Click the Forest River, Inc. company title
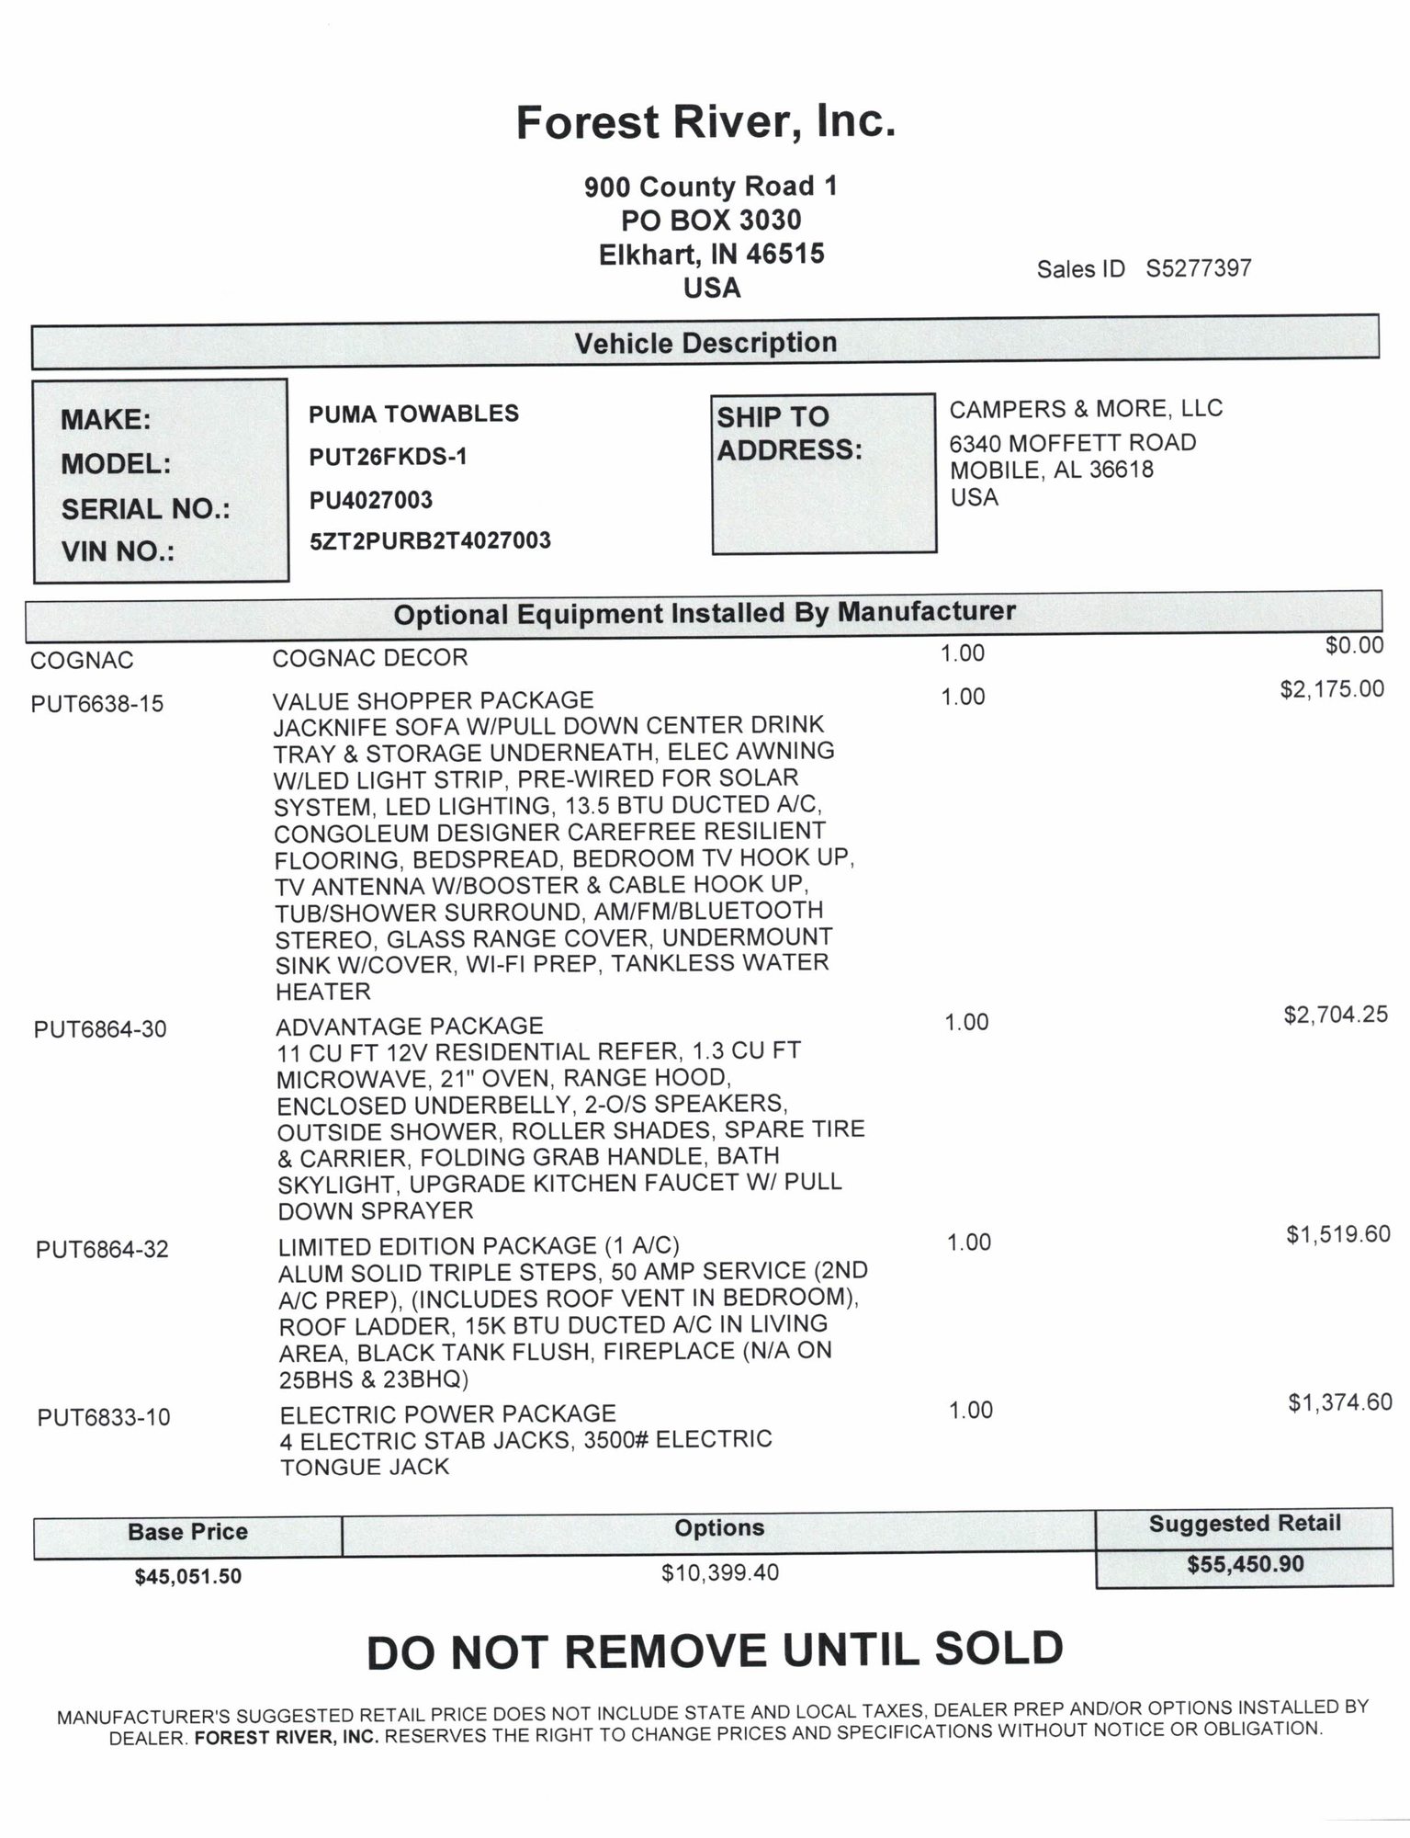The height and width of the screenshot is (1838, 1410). [705, 123]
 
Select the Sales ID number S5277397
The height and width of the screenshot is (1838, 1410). [1198, 268]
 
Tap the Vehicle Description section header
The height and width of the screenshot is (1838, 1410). [705, 344]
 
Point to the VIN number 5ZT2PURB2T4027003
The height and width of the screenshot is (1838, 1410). [430, 540]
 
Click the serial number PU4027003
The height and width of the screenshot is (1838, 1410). [371, 500]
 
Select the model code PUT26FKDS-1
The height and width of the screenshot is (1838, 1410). [388, 457]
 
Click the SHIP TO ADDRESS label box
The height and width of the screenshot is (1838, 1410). [823, 472]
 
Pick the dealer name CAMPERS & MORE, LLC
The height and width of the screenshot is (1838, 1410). [1086, 409]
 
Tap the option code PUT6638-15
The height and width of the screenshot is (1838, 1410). [97, 704]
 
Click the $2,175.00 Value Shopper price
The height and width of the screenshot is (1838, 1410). [1331, 689]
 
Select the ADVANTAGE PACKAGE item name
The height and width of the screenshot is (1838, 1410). [410, 1026]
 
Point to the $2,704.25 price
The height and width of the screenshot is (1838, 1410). [1335, 1015]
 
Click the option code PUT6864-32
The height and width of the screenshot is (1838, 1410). [102, 1250]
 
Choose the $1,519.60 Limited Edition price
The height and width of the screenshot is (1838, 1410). [1337, 1234]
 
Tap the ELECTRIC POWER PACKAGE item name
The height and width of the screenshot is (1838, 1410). [448, 1413]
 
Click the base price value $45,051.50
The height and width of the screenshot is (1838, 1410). [188, 1577]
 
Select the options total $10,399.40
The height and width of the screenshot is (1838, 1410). [719, 1573]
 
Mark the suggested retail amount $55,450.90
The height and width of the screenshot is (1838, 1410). [1245, 1564]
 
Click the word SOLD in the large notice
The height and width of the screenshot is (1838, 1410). [997, 1650]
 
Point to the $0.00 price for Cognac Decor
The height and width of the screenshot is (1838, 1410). [1354, 645]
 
